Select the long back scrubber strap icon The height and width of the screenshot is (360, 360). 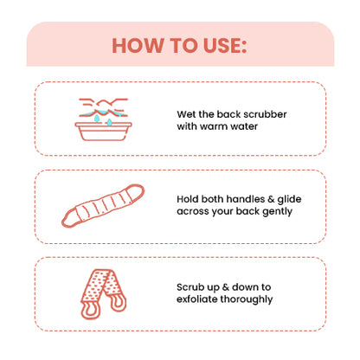click(103, 206)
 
